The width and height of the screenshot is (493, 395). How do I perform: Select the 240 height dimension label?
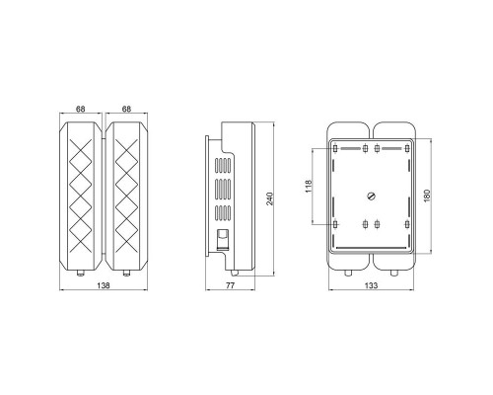(268, 197)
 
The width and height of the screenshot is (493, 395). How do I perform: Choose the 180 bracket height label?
(427, 197)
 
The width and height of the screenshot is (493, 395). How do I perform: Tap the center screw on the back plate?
(372, 196)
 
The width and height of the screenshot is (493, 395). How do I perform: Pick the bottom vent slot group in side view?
(221, 211)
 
